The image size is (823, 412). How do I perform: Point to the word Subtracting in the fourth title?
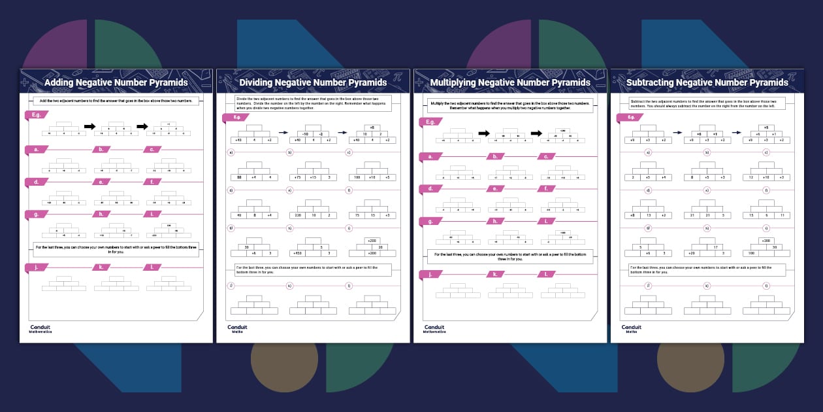tap(650, 83)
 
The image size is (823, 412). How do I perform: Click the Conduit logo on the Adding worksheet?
tap(40, 328)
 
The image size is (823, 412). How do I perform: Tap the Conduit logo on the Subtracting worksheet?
tap(632, 328)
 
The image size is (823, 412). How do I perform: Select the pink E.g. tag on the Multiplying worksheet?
tap(430, 122)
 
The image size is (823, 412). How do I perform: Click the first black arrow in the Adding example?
tap(90, 126)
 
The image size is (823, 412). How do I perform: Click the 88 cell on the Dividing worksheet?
tap(240, 177)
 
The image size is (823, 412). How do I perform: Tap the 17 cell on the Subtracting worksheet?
tap(716, 247)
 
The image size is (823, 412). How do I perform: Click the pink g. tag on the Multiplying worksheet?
tap(430, 222)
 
